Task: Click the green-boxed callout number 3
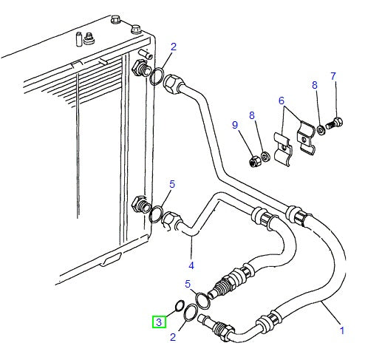click(159, 322)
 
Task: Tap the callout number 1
click(342, 330)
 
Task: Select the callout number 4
click(191, 265)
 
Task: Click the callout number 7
click(333, 76)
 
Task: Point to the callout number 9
click(235, 125)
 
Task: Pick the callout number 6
click(282, 101)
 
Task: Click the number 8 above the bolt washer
click(315, 85)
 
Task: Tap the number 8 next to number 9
click(252, 115)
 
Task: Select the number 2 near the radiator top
click(174, 47)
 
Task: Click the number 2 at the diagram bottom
click(173, 337)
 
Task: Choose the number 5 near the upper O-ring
click(172, 184)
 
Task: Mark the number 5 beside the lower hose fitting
click(188, 284)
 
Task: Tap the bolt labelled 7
click(334, 123)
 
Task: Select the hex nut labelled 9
click(254, 161)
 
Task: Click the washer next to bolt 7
click(321, 130)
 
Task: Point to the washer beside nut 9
click(265, 157)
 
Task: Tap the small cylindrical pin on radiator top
click(79, 39)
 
